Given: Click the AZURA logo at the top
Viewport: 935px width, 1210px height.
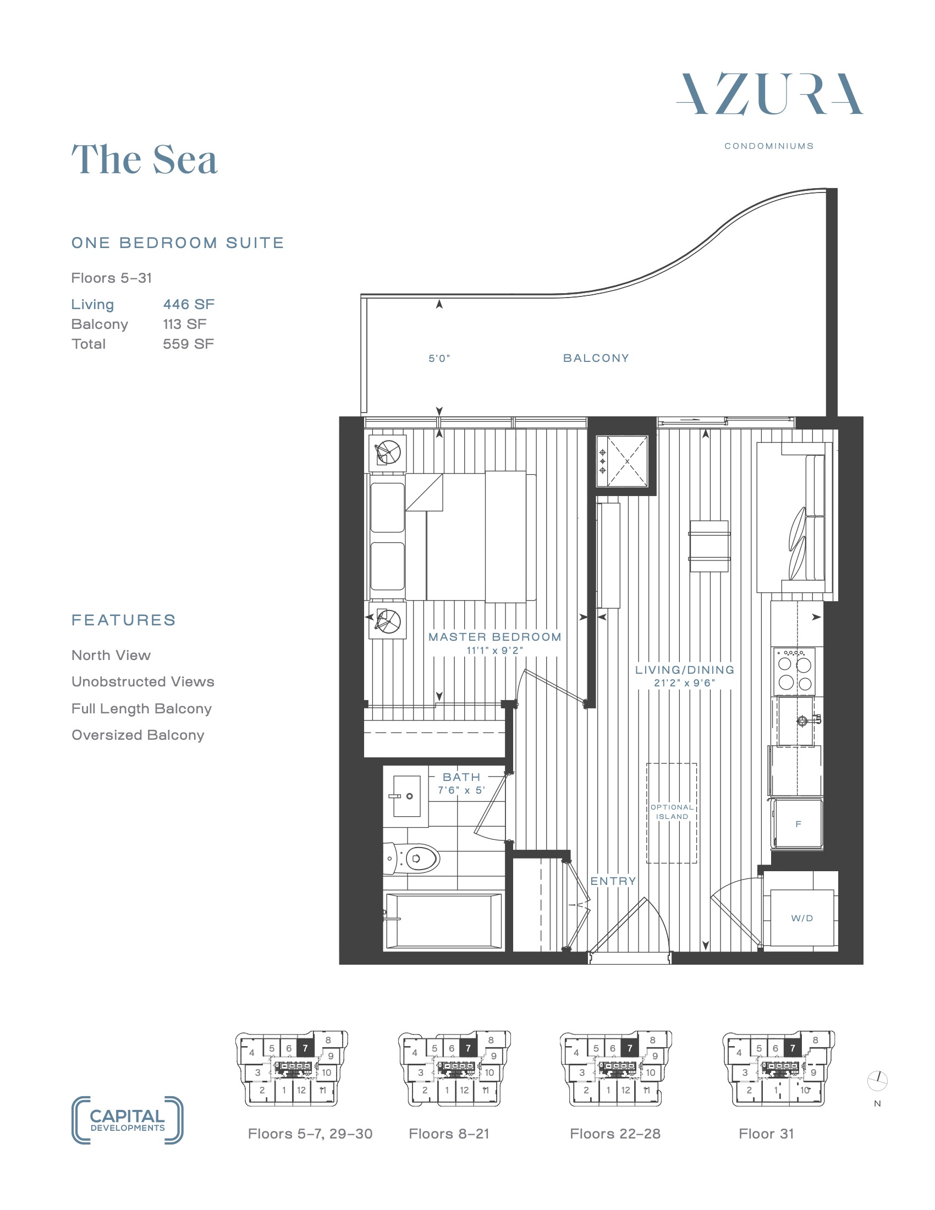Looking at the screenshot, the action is pos(769,94).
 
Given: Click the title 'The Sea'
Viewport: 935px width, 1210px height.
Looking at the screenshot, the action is pos(145,159).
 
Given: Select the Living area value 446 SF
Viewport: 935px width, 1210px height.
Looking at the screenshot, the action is pos(188,304).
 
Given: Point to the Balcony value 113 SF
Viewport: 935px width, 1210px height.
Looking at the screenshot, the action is pos(184,324).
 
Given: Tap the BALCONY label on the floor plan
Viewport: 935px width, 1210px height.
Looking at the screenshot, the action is pos(596,358).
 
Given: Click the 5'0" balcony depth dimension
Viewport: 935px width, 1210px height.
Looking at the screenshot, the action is pos(439,359).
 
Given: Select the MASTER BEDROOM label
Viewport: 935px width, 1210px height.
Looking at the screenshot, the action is pos(494,637).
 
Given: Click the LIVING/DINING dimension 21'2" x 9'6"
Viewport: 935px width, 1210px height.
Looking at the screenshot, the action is pos(685,683).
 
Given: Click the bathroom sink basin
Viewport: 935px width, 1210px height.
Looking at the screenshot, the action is pos(406,796).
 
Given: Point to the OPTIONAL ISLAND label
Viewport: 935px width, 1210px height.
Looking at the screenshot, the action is pos(672,812).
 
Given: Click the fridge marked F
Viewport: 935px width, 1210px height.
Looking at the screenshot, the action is pos(798,824).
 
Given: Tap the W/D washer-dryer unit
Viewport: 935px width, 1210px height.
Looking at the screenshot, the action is pos(801,918).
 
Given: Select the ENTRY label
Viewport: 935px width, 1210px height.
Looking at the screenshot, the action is pos(613,882).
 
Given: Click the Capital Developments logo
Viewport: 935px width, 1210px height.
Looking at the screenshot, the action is pos(128,1120).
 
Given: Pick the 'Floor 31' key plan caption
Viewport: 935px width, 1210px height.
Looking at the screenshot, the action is pos(766,1134).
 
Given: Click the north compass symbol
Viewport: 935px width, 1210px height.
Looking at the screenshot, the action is pos(877,1080).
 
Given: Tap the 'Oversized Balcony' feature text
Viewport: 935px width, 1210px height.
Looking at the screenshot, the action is pos(138,735).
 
